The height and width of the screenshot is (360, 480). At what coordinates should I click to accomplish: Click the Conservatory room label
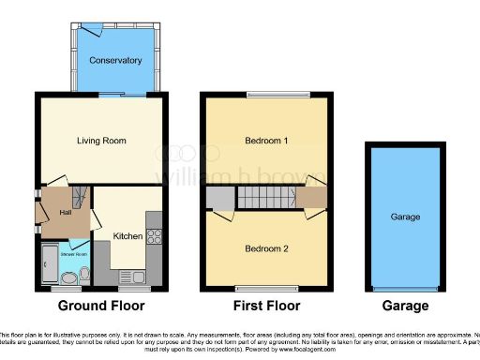click(115, 61)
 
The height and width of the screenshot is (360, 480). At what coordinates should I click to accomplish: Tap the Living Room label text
click(101, 141)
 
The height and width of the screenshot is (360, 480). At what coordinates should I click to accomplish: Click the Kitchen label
click(127, 235)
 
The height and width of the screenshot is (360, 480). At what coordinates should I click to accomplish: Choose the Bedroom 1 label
click(267, 141)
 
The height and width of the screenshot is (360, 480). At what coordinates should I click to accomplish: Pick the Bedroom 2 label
click(267, 249)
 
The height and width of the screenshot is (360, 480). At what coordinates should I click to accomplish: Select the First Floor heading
click(267, 307)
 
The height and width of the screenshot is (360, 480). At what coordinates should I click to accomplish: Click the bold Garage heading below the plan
click(406, 307)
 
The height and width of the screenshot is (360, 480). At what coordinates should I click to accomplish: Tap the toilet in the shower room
click(84, 274)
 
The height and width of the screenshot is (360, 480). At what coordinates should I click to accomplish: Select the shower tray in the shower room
click(50, 265)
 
